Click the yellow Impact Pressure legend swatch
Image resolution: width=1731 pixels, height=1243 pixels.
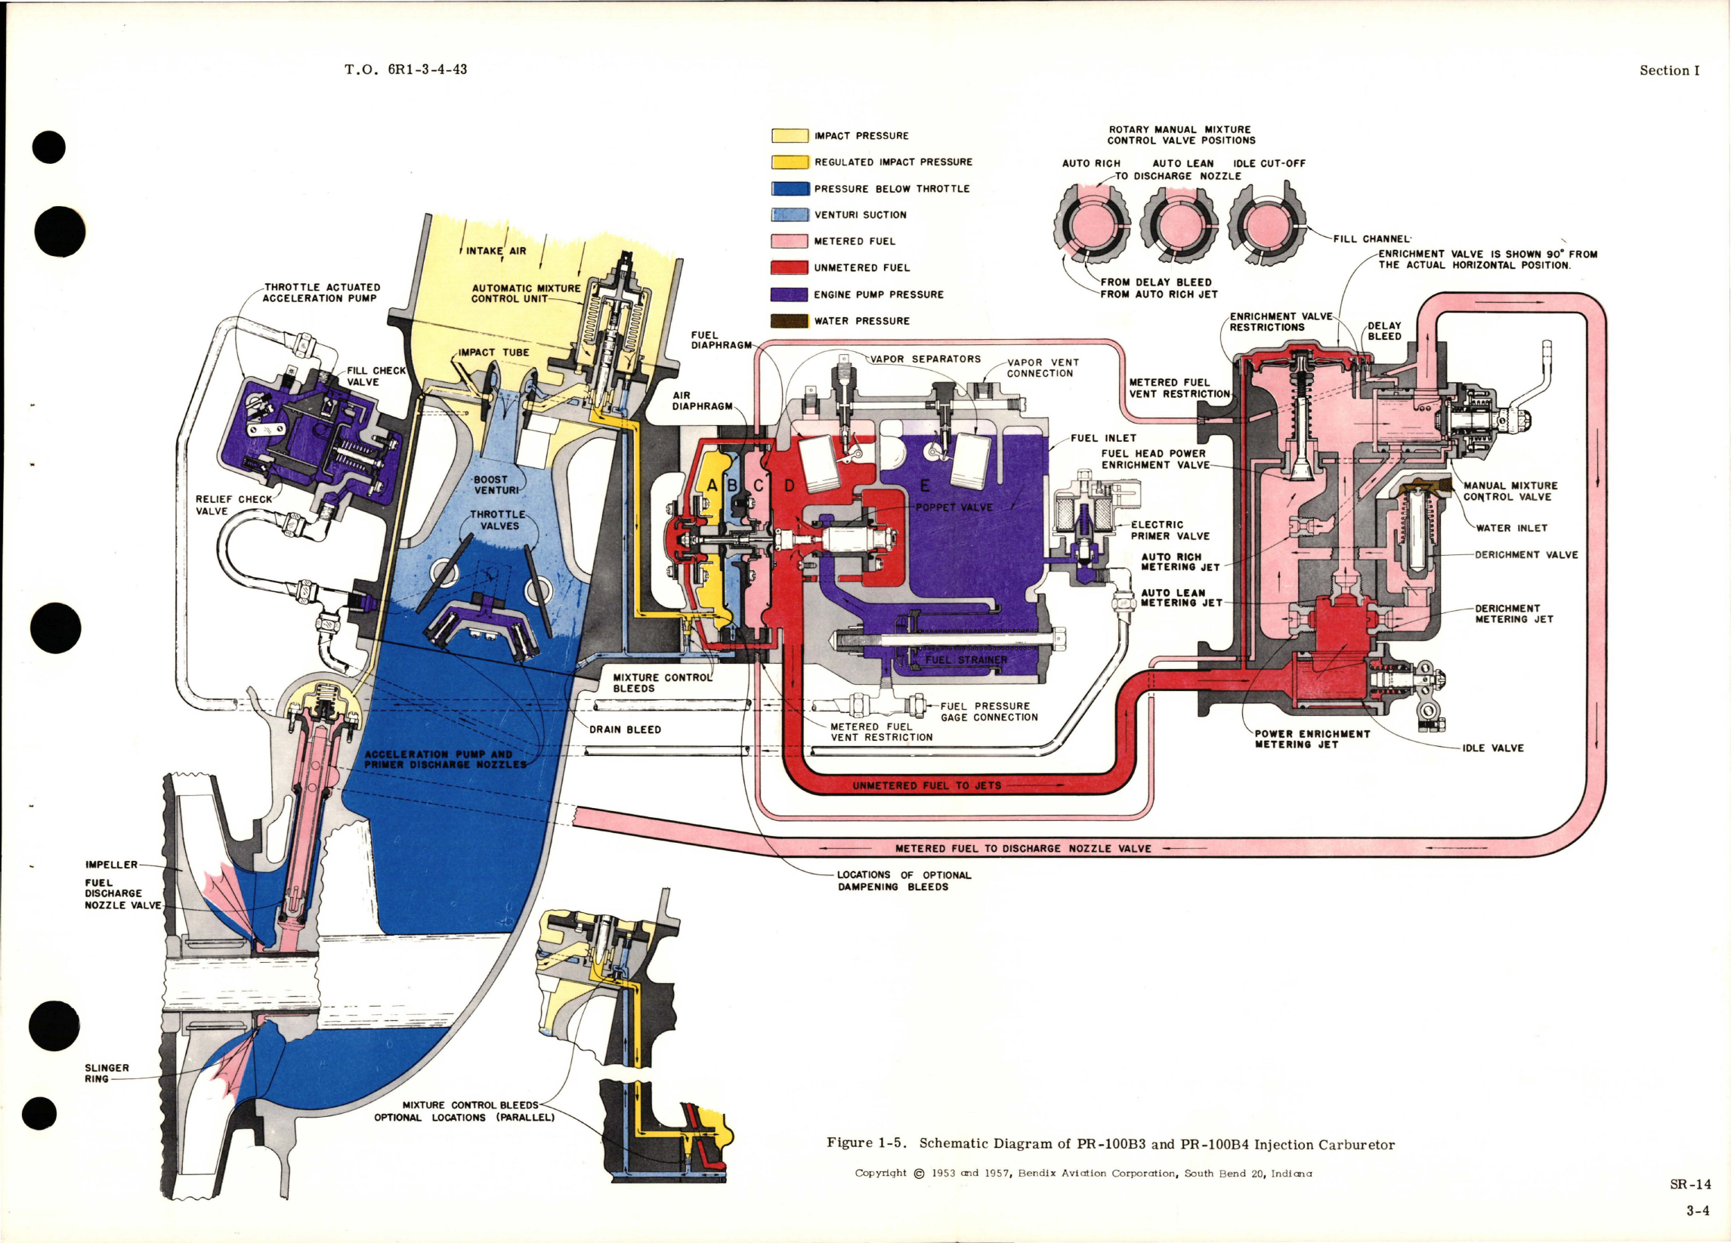pos(789,136)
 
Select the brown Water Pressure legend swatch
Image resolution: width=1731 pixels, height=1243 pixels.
pos(789,321)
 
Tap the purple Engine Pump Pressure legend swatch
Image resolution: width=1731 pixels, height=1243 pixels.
pos(789,295)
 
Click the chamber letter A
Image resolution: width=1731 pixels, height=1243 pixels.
pos(712,486)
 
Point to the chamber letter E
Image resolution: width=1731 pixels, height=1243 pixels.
pos(925,486)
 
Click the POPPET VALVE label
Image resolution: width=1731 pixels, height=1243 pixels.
pos(954,507)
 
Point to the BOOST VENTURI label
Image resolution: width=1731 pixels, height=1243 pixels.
pos(496,485)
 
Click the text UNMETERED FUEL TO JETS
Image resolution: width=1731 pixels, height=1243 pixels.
pos(926,785)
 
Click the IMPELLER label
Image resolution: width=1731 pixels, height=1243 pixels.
pos(111,865)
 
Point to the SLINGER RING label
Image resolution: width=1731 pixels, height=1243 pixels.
pos(107,1074)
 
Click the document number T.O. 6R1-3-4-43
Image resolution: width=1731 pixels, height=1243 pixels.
pos(405,69)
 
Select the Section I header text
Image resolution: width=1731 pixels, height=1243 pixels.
pos(1669,70)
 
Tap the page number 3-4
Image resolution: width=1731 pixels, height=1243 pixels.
pos(1698,1211)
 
